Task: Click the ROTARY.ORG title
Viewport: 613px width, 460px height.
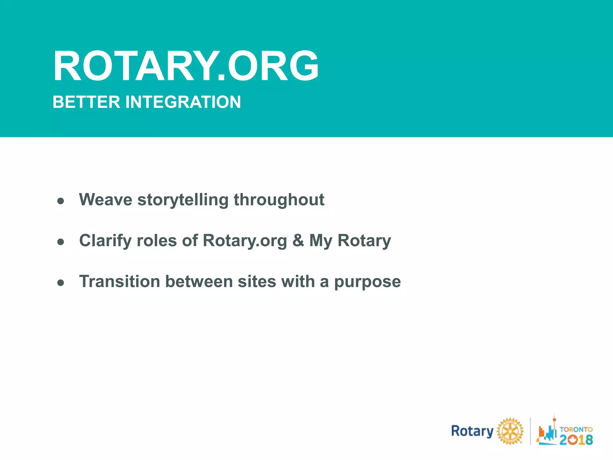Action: pyautogui.click(x=186, y=66)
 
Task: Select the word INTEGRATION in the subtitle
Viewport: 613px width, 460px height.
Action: pyautogui.click(x=183, y=102)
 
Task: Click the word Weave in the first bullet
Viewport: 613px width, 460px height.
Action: pyautogui.click(x=105, y=199)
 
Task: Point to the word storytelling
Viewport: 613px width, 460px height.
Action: pyautogui.click(x=183, y=200)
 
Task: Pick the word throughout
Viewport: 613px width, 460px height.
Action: pyautogui.click(x=279, y=200)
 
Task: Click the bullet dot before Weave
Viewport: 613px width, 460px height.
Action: pyautogui.click(x=61, y=201)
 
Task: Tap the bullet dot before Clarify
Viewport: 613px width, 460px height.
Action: pyautogui.click(x=61, y=242)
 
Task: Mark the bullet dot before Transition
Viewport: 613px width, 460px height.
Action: pyautogui.click(x=61, y=283)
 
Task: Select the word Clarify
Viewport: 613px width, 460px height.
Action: pyautogui.click(x=105, y=241)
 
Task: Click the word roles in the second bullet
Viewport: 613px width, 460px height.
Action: pyautogui.click(x=157, y=240)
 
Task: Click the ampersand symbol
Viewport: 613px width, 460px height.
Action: pyautogui.click(x=298, y=240)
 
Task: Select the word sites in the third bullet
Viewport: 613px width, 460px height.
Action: pyautogui.click(x=257, y=282)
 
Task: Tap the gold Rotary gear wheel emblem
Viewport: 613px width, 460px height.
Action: pyautogui.click(x=510, y=431)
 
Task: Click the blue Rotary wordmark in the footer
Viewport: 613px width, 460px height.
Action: pyautogui.click(x=472, y=431)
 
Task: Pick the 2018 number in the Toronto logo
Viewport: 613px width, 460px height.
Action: pyautogui.click(x=576, y=440)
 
